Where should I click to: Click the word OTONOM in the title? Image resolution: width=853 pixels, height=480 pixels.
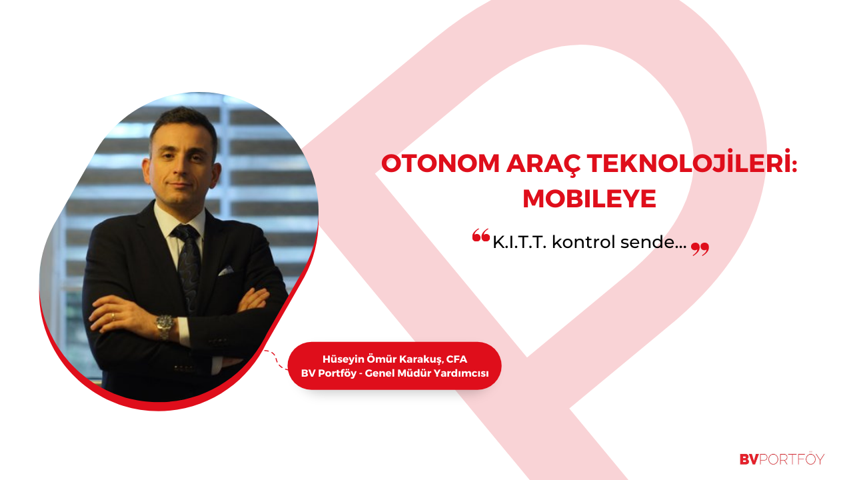click(x=440, y=164)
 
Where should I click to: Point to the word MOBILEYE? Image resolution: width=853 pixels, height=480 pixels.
click(x=590, y=199)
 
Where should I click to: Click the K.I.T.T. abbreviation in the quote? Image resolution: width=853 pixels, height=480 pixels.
click(x=519, y=242)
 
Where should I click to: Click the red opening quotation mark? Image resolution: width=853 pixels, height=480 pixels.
click(x=481, y=235)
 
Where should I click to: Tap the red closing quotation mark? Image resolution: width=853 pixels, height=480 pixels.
click(x=700, y=249)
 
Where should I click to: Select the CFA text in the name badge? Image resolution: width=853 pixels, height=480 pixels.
click(x=456, y=359)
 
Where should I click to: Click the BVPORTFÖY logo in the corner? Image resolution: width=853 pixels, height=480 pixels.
click(x=782, y=459)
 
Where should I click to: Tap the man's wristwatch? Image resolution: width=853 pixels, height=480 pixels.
click(x=165, y=325)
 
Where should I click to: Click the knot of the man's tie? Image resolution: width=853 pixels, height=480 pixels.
click(x=185, y=232)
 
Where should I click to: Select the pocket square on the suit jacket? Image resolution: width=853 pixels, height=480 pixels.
click(x=226, y=271)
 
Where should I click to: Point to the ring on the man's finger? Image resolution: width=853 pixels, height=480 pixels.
click(x=113, y=317)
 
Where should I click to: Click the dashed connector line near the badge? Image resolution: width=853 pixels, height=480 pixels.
click(x=277, y=359)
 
